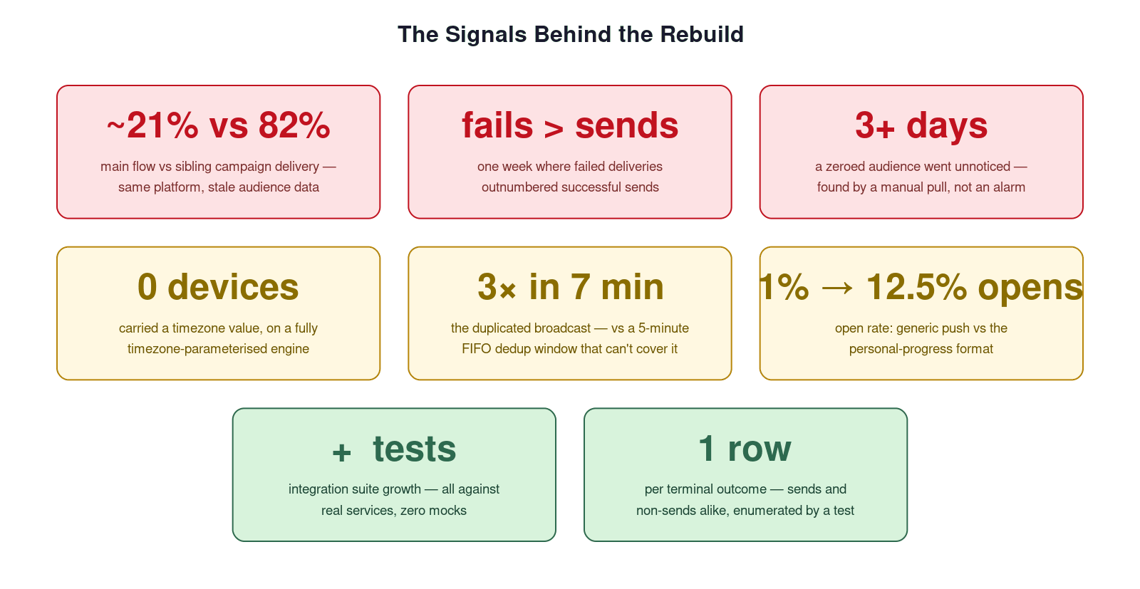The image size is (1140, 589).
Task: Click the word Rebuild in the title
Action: pos(702,35)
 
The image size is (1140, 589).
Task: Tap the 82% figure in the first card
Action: pos(294,125)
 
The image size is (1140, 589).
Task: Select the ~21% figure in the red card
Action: pos(152,125)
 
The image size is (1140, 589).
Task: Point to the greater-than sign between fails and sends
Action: pos(553,129)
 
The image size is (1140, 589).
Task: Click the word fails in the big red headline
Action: pos(497,125)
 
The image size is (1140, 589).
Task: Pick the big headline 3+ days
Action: pos(921,126)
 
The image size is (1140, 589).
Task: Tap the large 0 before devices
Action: pos(147,287)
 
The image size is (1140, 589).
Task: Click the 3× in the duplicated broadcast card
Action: pos(497,287)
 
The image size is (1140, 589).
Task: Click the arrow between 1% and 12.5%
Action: pos(837,288)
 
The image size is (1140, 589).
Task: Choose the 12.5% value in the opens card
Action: pos(916,287)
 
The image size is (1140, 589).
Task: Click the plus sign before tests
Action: pos(341,452)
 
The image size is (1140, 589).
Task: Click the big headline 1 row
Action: pos(745,448)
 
